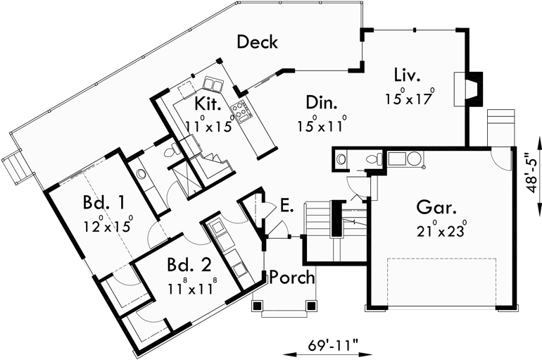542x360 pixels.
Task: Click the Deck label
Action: [x=257, y=42]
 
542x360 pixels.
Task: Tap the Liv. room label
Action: [x=408, y=74]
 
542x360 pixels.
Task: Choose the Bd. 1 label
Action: [x=103, y=204]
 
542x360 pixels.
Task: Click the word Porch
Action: [x=292, y=277]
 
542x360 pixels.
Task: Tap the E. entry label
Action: [x=286, y=206]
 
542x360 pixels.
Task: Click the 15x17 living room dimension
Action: [x=408, y=98]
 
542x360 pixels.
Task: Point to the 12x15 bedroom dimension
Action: [x=106, y=227]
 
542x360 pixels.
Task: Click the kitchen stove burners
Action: [x=241, y=109]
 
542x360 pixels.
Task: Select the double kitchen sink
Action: [x=214, y=85]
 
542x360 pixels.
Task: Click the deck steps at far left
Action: [x=15, y=168]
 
